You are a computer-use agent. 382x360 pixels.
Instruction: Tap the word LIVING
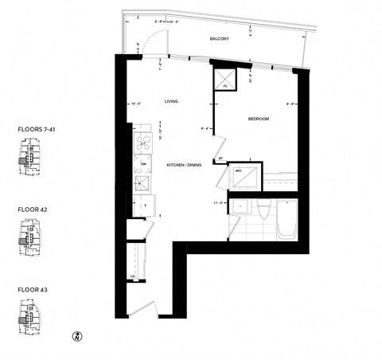[x=170, y=101]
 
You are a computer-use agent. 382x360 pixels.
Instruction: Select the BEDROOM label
[x=259, y=119]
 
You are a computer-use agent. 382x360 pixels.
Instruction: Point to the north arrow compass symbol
[x=78, y=336]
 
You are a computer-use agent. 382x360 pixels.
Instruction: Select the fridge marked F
[x=145, y=206]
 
